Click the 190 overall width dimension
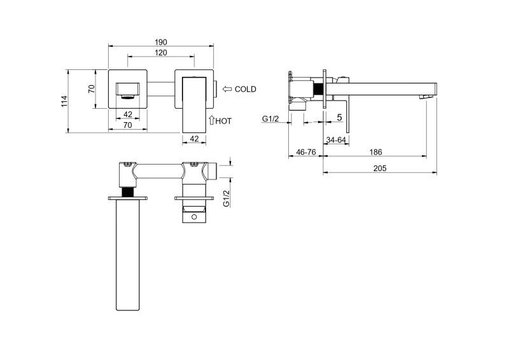161,42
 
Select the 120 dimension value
161,53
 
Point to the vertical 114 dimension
65,101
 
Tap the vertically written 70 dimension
92,89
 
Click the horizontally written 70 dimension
128,125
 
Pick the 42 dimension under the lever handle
194,139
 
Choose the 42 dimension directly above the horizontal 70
128,114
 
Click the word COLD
246,89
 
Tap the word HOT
223,121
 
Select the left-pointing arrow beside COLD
227,89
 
